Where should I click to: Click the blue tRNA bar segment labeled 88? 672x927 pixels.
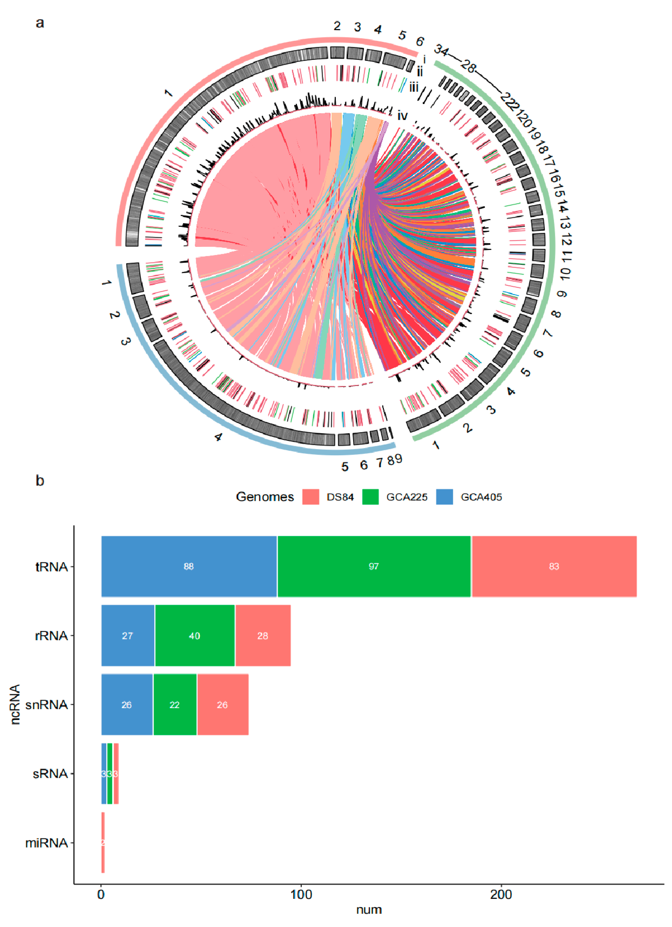click(189, 566)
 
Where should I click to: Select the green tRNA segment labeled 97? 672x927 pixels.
click(374, 566)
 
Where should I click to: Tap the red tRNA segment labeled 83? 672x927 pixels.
click(554, 566)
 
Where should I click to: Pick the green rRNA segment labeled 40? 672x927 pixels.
click(195, 636)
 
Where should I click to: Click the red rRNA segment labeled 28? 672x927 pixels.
click(263, 636)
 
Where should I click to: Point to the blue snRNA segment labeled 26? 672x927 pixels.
click(127, 705)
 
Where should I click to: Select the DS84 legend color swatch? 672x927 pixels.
click(310, 497)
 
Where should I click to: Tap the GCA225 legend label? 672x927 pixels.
click(407, 497)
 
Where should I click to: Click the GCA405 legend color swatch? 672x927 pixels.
click(444, 497)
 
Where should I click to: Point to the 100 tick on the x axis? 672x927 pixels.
click(301, 884)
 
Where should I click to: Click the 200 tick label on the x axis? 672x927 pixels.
click(501, 895)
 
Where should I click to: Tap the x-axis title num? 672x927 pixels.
click(369, 910)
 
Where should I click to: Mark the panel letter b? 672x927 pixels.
click(40, 481)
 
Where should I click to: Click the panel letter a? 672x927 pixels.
click(40, 23)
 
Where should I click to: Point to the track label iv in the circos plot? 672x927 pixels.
click(403, 116)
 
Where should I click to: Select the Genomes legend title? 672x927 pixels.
click(265, 497)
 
